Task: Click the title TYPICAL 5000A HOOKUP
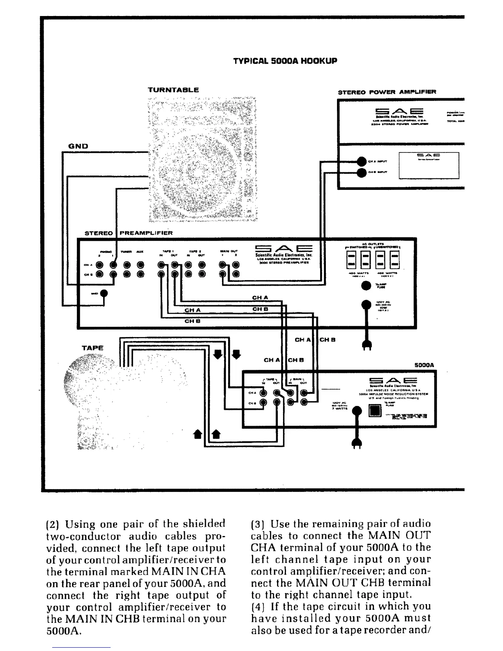click(x=285, y=61)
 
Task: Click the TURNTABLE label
click(x=173, y=90)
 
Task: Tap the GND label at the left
click(x=78, y=146)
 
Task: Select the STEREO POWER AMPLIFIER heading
click(x=387, y=92)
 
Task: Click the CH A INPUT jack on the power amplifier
click(x=361, y=162)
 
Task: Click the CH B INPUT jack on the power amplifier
click(x=361, y=173)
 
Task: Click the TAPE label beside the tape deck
click(x=92, y=348)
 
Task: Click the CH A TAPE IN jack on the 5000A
click(x=263, y=393)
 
